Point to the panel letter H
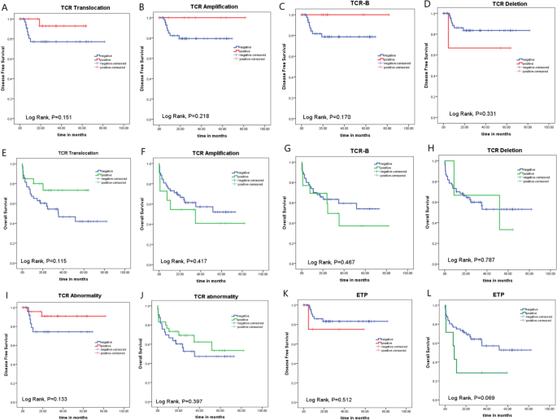point(426,150)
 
